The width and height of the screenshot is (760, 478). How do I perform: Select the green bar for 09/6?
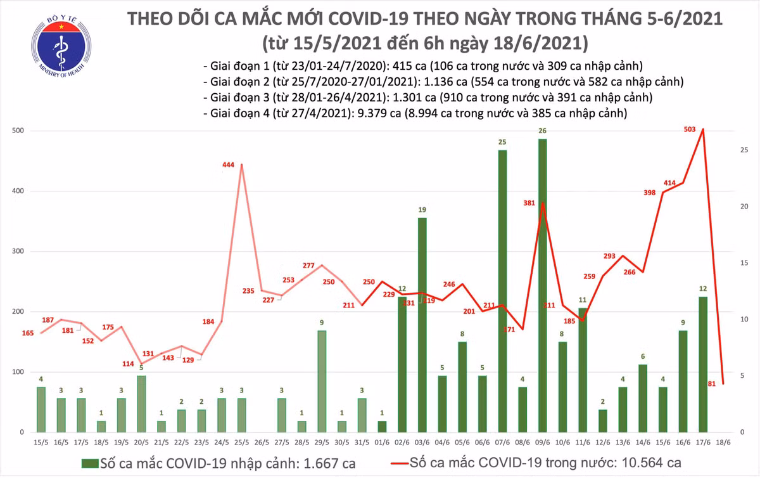(543, 285)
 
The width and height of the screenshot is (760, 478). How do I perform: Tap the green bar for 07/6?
(502, 291)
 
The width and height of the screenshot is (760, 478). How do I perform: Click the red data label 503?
(690, 129)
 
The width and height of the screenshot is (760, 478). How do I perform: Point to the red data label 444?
(228, 165)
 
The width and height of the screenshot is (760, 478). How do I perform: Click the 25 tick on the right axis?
(745, 150)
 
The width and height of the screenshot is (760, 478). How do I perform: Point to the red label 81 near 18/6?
(712, 382)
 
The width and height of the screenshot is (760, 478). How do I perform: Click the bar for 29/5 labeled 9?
(322, 381)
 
